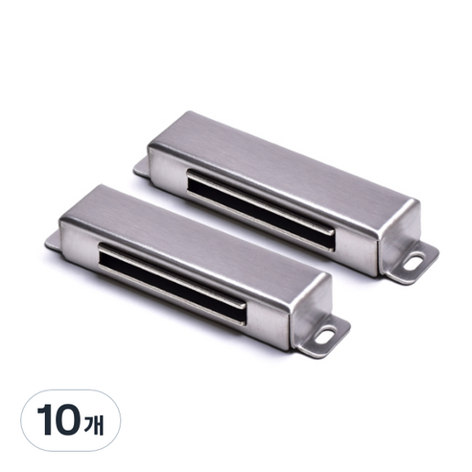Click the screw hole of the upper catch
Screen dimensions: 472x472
click(x=414, y=261)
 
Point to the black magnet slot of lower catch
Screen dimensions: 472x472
click(x=172, y=284)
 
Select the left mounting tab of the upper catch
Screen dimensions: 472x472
click(x=141, y=168)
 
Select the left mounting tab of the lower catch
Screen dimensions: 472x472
click(x=53, y=242)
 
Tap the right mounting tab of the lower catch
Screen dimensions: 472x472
click(x=322, y=337)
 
